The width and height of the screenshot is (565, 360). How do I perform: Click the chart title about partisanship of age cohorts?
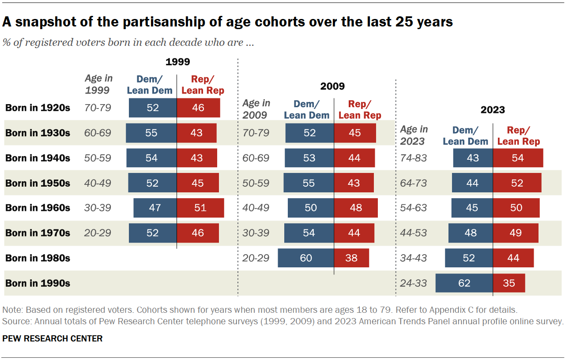click(228, 22)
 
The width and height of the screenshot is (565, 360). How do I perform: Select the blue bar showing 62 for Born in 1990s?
click(464, 283)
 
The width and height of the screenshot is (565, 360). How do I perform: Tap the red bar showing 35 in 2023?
click(509, 283)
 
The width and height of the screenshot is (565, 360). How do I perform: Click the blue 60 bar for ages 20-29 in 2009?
click(306, 258)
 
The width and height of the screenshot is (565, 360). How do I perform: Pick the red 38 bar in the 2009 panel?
click(351, 258)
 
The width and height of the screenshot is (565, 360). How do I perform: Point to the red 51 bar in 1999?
click(200, 208)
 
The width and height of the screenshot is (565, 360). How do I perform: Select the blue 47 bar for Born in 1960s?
click(155, 208)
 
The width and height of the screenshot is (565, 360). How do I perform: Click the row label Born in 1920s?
click(38, 108)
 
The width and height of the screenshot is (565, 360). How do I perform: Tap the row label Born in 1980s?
click(38, 258)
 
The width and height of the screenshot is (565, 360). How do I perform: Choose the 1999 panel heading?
click(177, 62)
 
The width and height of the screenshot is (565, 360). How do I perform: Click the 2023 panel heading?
click(493, 110)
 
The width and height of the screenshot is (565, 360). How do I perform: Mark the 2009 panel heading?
click(332, 86)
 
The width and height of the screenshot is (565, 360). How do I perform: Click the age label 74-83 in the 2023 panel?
click(414, 158)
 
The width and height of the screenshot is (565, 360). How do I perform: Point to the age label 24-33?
click(414, 283)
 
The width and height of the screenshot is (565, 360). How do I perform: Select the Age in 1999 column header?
click(98, 84)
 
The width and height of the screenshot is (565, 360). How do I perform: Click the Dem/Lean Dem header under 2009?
click(306, 109)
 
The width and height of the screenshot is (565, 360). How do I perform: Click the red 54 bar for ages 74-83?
click(518, 158)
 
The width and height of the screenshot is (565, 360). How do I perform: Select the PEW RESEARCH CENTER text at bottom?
click(52, 339)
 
